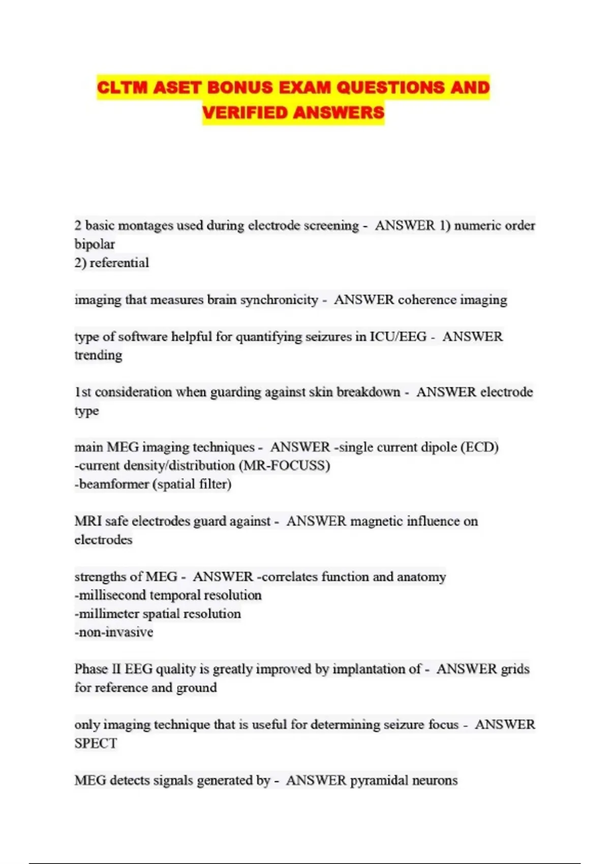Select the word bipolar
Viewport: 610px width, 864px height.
(95, 244)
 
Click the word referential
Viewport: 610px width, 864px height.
(119, 263)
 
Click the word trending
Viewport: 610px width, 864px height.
(98, 355)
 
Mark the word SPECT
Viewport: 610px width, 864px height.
(96, 744)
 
